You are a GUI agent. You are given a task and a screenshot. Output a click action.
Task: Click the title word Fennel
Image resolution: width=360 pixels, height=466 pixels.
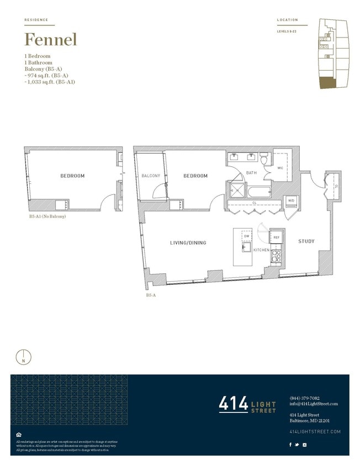[50, 40]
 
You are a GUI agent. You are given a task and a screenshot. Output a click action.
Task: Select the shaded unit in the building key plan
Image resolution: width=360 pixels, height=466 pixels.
[327, 82]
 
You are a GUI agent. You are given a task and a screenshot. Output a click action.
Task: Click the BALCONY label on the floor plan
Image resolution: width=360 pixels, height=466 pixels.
[150, 176]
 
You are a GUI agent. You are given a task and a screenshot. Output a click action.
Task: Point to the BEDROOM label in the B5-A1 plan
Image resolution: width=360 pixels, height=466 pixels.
[72, 176]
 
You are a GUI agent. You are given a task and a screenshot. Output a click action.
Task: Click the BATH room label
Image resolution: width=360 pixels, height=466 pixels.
[251, 173]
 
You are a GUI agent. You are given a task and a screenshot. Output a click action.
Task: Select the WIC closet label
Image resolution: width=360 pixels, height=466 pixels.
[280, 167]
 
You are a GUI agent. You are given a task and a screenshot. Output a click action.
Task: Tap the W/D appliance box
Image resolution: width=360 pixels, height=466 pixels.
[290, 201]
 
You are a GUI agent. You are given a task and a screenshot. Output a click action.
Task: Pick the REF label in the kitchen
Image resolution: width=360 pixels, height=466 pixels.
[277, 237]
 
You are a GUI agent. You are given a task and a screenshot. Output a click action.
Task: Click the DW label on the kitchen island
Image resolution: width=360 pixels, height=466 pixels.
[247, 236]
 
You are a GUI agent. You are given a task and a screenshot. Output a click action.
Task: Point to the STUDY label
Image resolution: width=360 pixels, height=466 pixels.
[306, 241]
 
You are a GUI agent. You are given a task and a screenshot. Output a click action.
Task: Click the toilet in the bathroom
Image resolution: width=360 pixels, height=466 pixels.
[264, 159]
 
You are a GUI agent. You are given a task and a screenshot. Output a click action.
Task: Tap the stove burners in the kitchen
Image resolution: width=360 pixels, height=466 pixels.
[276, 256]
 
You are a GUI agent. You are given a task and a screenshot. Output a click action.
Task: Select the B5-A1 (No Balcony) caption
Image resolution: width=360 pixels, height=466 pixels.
[47, 216]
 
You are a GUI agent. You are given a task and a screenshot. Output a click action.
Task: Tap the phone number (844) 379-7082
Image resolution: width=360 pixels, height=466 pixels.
[304, 398]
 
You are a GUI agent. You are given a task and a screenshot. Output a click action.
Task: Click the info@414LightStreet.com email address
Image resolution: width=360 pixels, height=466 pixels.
[313, 404]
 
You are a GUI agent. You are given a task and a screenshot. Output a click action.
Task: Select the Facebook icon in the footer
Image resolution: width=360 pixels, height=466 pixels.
[291, 444]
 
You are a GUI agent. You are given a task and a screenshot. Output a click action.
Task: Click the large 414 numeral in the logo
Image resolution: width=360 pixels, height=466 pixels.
[234, 404]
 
